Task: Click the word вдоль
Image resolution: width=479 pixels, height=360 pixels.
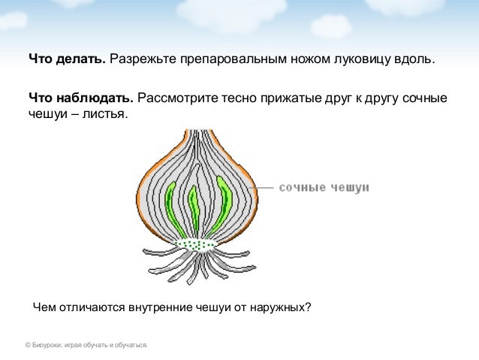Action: (x=414, y=59)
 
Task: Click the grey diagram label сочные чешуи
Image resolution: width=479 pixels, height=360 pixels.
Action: (x=324, y=186)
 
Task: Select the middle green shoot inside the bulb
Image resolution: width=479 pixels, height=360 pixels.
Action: (x=194, y=210)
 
